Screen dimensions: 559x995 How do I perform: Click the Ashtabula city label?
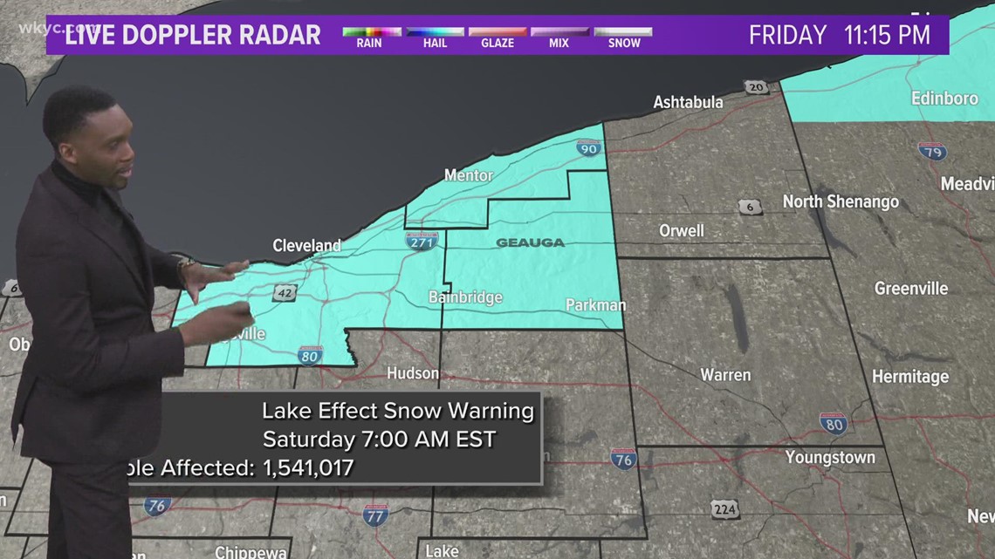(689, 102)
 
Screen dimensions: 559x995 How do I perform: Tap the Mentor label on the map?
(469, 175)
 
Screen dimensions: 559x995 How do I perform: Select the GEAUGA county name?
(530, 242)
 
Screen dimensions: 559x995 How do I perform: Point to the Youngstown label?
(829, 457)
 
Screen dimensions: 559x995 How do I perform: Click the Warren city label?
(725, 375)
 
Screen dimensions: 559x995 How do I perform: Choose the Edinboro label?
(944, 99)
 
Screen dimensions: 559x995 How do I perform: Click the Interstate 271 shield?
(422, 242)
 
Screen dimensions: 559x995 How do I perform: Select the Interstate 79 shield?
(932, 151)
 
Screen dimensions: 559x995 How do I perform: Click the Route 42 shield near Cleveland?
(285, 293)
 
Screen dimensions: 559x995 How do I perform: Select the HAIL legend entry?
(434, 37)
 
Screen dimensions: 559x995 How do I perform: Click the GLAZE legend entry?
(497, 37)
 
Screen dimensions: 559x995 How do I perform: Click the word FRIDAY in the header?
(787, 35)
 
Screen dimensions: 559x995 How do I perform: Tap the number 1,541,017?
(308, 468)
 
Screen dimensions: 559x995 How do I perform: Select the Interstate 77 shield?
(376, 515)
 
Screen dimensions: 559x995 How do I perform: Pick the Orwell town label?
(681, 231)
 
